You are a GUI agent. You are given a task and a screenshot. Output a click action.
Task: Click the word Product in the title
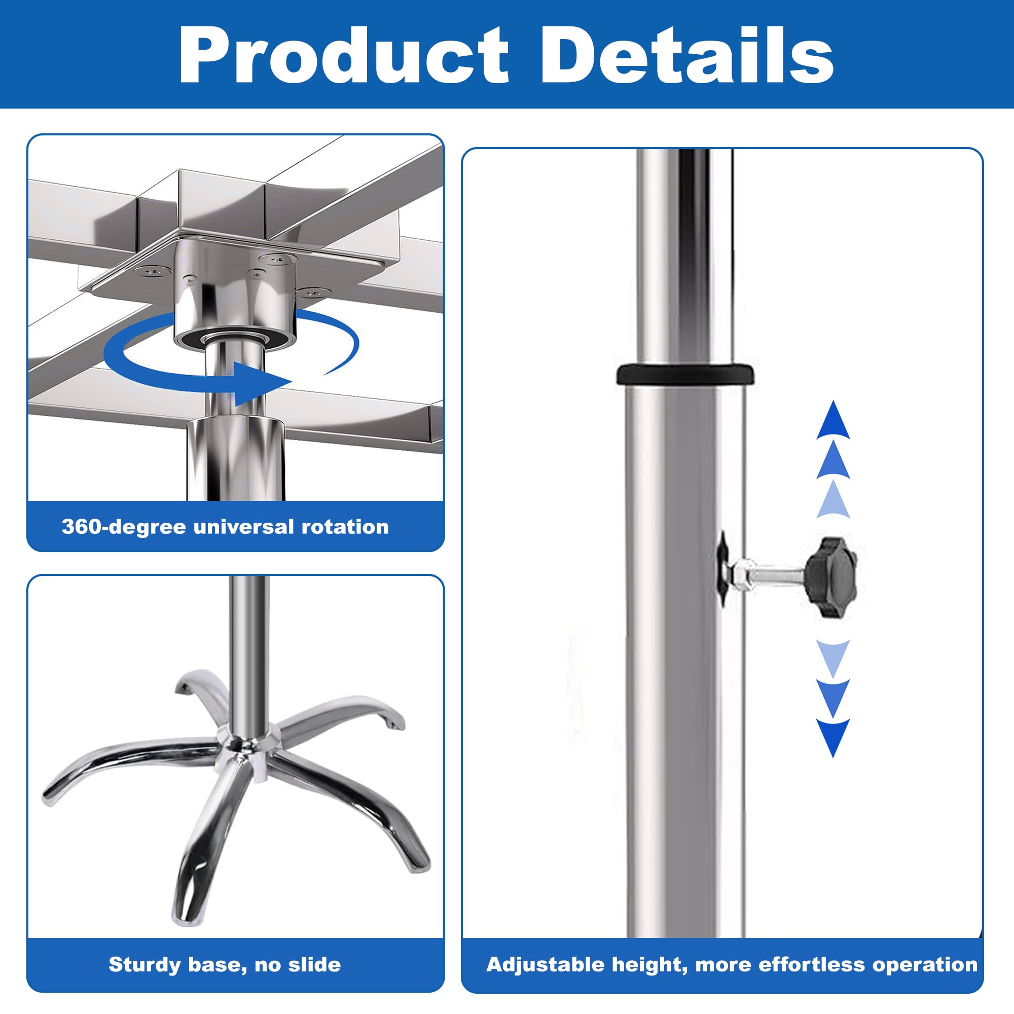pyautogui.click(x=344, y=55)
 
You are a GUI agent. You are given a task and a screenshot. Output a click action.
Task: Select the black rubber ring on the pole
pyautogui.click(x=685, y=375)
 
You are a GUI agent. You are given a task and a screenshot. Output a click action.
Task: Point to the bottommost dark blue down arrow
pyautogui.click(x=833, y=737)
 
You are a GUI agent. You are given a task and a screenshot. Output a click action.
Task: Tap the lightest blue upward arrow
pyautogui.click(x=833, y=500)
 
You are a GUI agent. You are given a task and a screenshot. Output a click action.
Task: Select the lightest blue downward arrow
pyautogui.click(x=833, y=658)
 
